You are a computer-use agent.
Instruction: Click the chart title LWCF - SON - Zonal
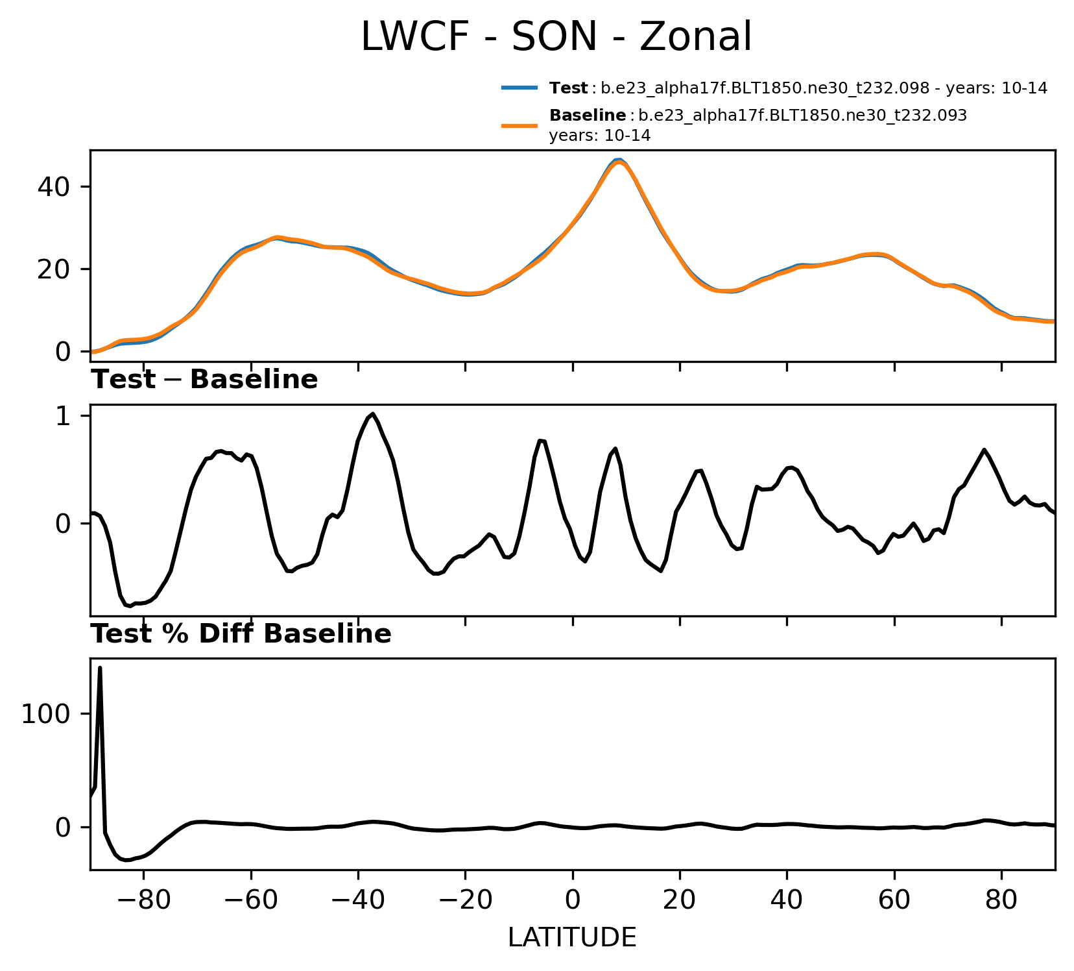[556, 36]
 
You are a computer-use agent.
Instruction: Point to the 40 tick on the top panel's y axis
[54, 187]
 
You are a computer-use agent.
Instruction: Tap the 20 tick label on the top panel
[54, 269]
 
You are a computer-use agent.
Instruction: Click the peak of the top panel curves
[619, 160]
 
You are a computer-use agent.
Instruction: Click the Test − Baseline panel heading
[204, 380]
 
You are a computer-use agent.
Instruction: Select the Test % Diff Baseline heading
[241, 634]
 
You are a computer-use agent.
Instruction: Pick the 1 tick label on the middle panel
[63, 416]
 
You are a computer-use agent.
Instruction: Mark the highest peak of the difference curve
[373, 414]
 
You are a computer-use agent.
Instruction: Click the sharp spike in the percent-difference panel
[100, 668]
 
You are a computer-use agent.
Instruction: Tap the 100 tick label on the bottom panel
[46, 715]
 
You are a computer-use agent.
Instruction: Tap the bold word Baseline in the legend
[588, 116]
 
